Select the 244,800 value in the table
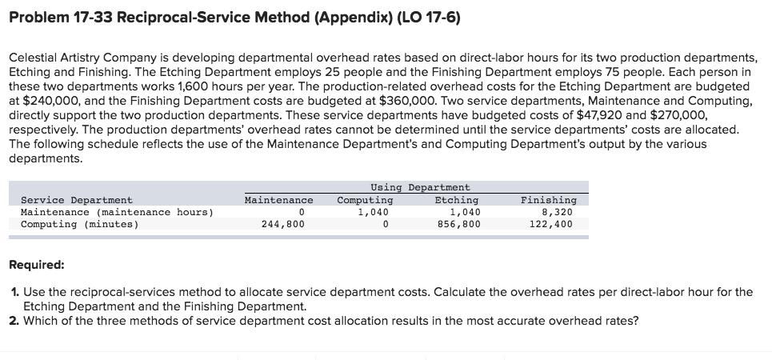pos(283,225)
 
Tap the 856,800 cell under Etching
pos(459,225)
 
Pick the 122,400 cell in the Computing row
pos(551,225)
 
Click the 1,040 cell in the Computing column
pos(373,212)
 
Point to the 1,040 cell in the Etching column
pos(465,212)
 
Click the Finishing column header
pos(548,200)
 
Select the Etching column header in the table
pos(456,200)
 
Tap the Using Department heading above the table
pos(420,187)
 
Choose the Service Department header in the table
pos(77,200)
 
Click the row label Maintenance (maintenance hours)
pos(117,212)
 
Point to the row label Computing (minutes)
pos(79,225)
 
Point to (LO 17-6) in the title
pos(423,18)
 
